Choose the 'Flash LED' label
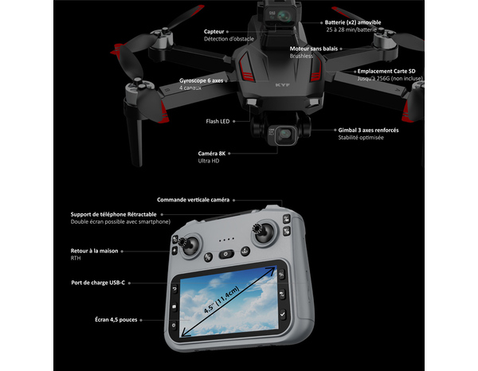tap(218, 122)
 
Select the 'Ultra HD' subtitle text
tap(209, 162)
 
